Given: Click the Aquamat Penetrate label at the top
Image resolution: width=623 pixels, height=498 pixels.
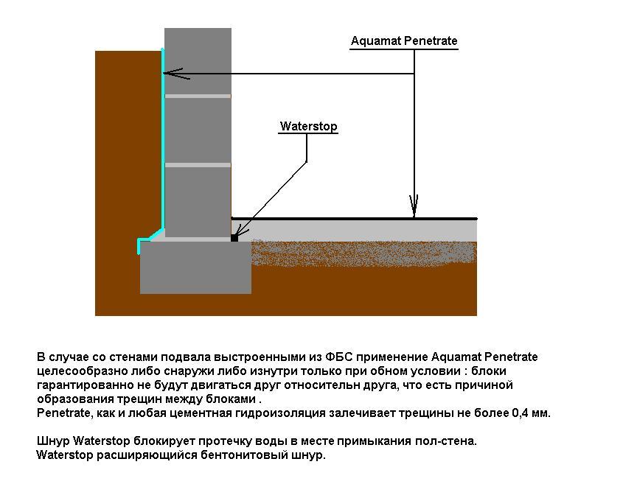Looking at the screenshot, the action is [x=404, y=41].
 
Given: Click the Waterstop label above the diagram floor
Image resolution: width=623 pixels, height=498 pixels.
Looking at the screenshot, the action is [x=308, y=126].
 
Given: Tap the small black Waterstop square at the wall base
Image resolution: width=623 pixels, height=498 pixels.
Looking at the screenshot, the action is [x=234, y=238].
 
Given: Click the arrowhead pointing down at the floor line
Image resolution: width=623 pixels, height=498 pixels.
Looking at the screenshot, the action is [x=414, y=206].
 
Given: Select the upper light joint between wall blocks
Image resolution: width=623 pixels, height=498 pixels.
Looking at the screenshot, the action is [x=198, y=96].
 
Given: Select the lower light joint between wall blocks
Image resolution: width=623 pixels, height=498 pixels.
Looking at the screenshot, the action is [x=198, y=165].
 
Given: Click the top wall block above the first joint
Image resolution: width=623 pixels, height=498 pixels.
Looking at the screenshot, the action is [x=198, y=61].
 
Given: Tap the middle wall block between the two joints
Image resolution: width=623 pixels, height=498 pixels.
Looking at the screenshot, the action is [x=198, y=130].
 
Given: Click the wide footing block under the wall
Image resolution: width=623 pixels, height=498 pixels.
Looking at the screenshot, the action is [x=196, y=267].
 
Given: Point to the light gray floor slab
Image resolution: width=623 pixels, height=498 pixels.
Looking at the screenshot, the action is [x=358, y=231].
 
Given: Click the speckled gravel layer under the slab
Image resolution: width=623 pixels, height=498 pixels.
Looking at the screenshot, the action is [x=363, y=253].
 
